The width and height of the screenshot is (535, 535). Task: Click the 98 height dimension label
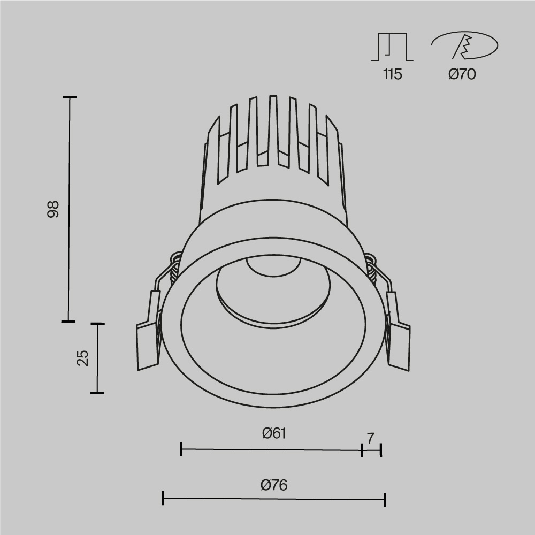pyautogui.click(x=52, y=209)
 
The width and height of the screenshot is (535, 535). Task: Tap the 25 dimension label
pyautogui.click(x=82, y=358)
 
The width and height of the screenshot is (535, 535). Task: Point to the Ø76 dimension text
pyautogui.click(x=274, y=485)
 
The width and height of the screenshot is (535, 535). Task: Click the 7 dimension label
pyautogui.click(x=370, y=438)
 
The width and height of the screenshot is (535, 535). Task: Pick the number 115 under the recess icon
pyautogui.click(x=392, y=74)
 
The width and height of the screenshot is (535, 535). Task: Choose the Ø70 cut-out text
pyautogui.click(x=462, y=74)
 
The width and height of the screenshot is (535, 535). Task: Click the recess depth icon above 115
pyautogui.click(x=392, y=47)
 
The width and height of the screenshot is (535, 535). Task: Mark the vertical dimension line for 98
pyautogui.click(x=69, y=209)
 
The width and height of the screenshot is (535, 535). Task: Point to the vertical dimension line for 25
pyautogui.click(x=97, y=358)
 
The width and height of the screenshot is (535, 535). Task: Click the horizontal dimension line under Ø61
pyautogui.click(x=271, y=450)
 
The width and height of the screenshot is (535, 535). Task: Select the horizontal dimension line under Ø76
pyautogui.click(x=273, y=499)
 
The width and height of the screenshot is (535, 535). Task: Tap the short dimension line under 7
pyautogui.click(x=371, y=450)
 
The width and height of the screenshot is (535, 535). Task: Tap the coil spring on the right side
pyautogui.click(x=371, y=270)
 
